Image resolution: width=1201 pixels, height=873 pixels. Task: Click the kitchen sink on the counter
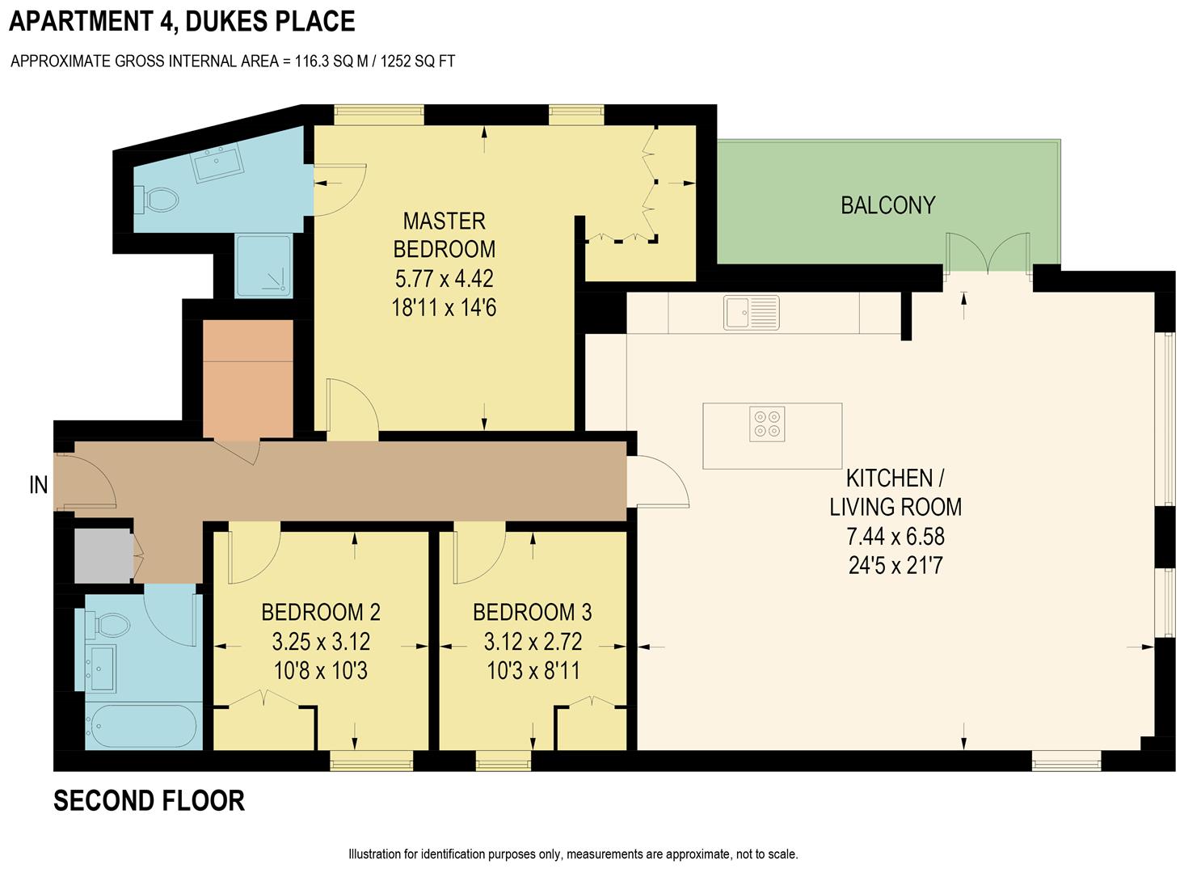click(x=752, y=313)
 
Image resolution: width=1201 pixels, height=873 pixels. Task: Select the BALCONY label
click(x=887, y=205)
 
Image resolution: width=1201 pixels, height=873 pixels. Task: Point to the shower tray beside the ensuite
click(x=263, y=265)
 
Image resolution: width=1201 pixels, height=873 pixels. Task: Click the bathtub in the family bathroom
click(x=141, y=726)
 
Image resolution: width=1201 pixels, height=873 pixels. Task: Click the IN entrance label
click(x=38, y=485)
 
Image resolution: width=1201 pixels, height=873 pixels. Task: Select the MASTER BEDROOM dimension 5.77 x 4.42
click(x=444, y=279)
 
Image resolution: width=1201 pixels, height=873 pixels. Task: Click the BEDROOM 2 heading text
click(x=321, y=613)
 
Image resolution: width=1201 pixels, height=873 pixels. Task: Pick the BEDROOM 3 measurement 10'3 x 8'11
click(x=533, y=671)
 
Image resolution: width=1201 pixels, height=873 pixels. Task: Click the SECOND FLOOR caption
click(x=149, y=801)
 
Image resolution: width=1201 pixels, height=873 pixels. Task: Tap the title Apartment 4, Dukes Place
click(x=182, y=21)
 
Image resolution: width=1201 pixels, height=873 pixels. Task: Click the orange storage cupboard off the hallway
click(x=247, y=378)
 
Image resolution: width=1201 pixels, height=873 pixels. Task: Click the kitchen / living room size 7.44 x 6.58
click(x=895, y=536)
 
